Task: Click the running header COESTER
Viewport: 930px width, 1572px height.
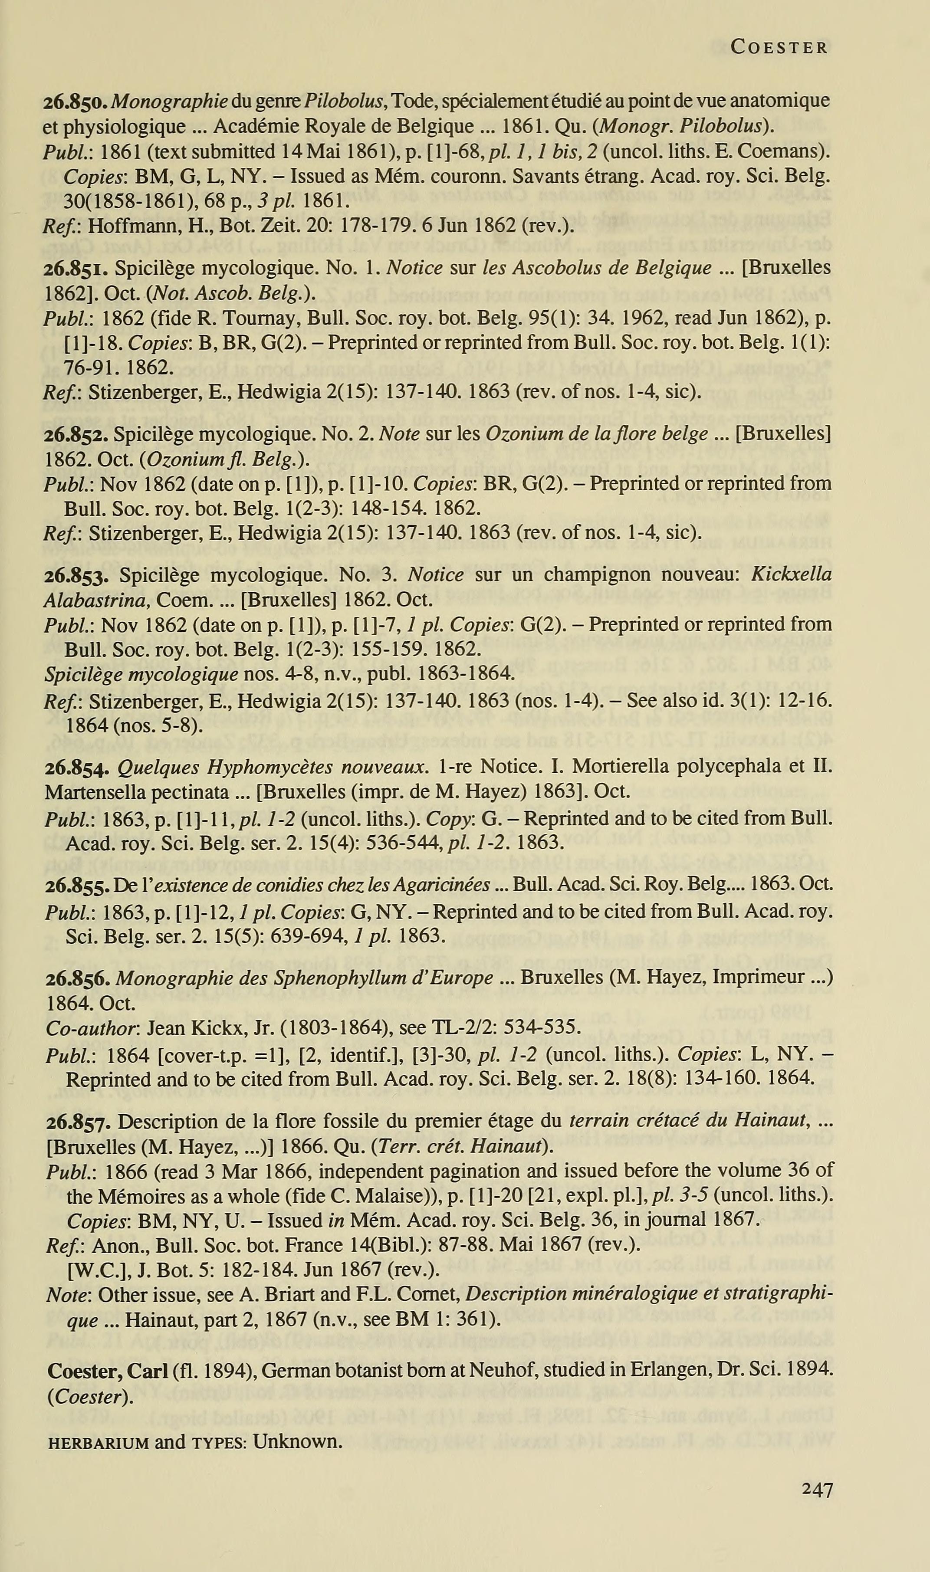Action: pyautogui.click(x=779, y=47)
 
